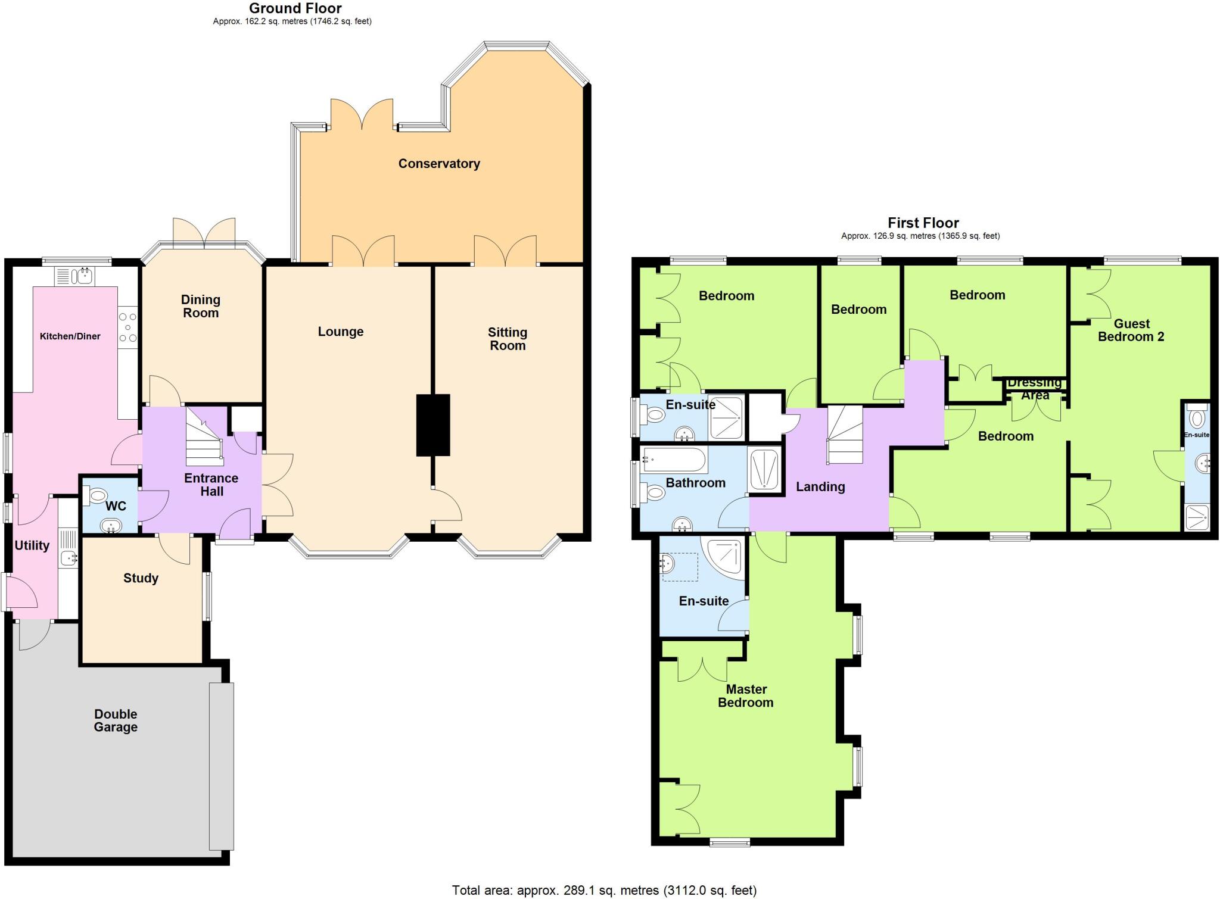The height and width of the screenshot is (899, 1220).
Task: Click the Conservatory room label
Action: [439, 164]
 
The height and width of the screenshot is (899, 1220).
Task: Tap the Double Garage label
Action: [116, 720]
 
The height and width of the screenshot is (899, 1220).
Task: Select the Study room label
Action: [141, 578]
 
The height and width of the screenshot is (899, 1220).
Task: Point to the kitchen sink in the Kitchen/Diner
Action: [78, 276]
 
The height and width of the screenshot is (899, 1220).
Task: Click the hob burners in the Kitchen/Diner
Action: [128, 327]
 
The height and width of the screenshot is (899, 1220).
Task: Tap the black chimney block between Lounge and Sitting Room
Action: [432, 425]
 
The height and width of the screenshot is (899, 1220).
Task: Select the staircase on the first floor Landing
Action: [844, 435]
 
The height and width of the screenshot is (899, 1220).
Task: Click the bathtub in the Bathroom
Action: [674, 460]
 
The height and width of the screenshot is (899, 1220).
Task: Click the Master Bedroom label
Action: [746, 696]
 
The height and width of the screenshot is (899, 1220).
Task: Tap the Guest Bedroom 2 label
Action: [1131, 330]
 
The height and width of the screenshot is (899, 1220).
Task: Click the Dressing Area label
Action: [1035, 389]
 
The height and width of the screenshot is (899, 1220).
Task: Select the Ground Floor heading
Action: [295, 8]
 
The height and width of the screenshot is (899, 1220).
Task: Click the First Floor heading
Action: [923, 223]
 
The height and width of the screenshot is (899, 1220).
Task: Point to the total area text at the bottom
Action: [604, 890]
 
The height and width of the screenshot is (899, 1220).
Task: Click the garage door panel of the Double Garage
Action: [222, 766]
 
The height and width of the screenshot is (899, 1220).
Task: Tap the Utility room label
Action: [32, 545]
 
